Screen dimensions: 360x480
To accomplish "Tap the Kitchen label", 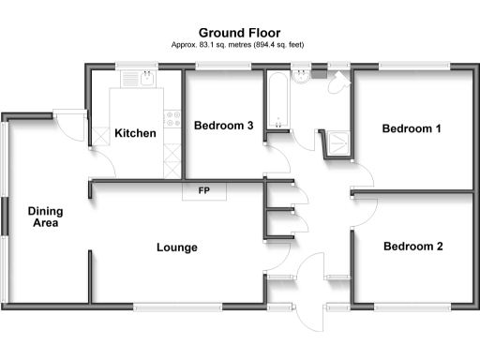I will [x=135, y=133].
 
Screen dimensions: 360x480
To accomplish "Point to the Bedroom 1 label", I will [x=412, y=129].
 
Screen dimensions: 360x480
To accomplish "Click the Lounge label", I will [x=176, y=248].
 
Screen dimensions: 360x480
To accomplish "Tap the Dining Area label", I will [x=44, y=217].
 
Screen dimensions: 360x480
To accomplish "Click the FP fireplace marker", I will [x=203, y=192].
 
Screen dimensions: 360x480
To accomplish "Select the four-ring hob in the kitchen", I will [x=172, y=118].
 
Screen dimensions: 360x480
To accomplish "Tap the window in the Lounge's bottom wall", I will [x=177, y=306].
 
